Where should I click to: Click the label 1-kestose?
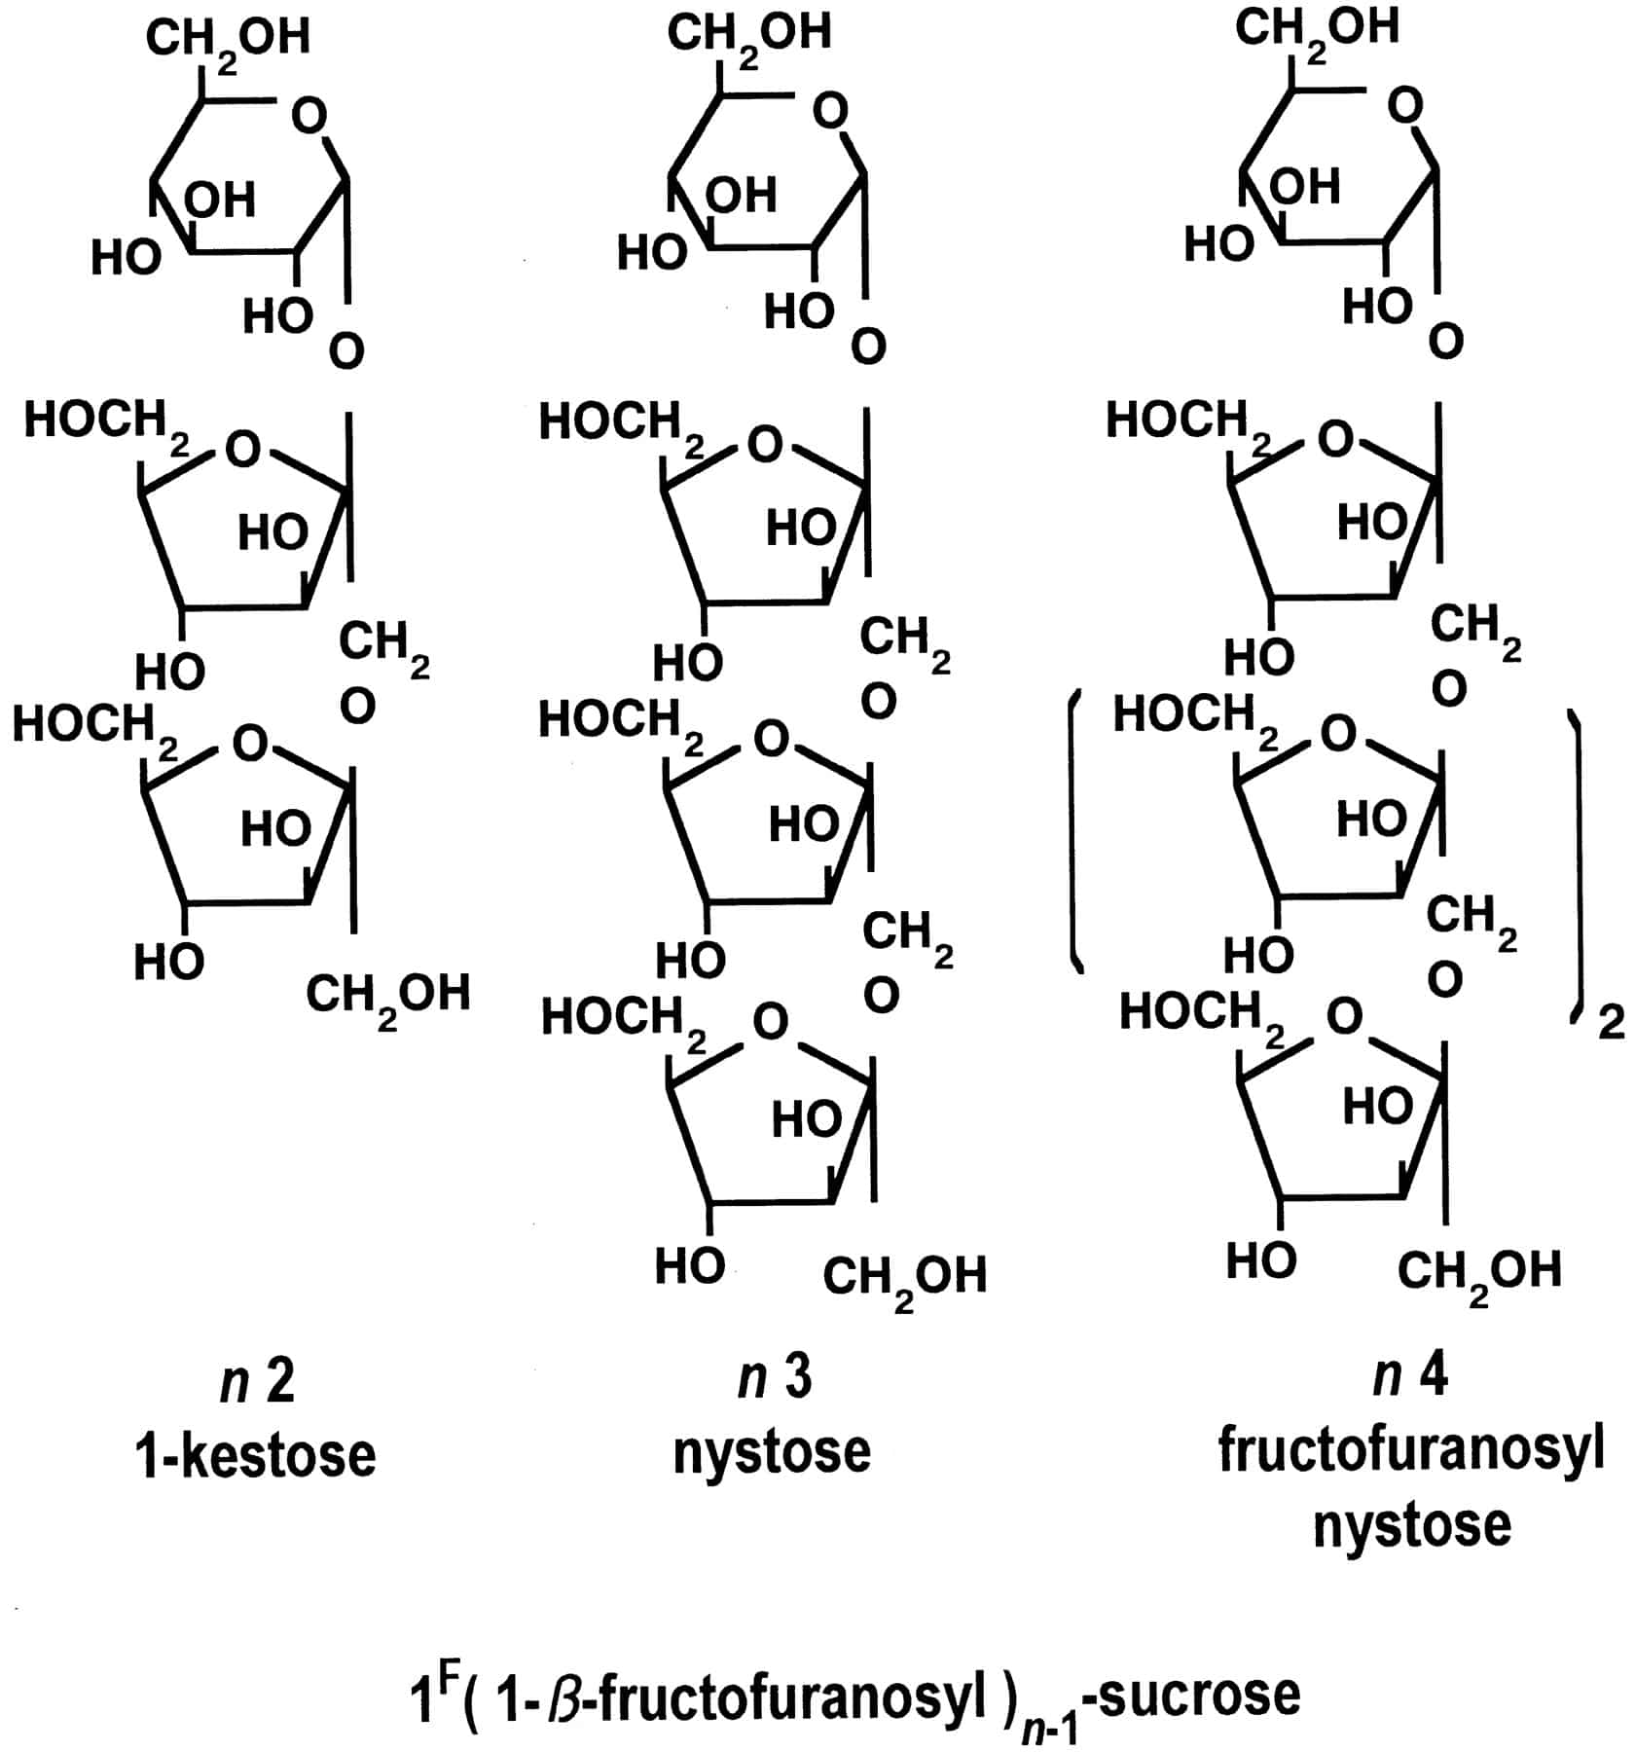click(x=255, y=1455)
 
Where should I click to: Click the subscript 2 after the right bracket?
click(x=1612, y=1023)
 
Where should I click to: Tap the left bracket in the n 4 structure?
click(x=1074, y=830)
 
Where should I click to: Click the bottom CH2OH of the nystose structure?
click(x=904, y=1278)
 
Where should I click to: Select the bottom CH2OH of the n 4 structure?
click(x=1478, y=1273)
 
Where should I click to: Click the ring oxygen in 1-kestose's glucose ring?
click(x=310, y=117)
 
